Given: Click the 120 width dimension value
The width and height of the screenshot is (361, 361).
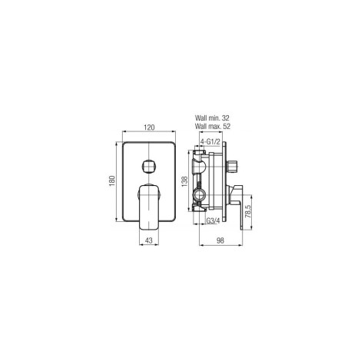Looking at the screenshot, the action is [x=149, y=128].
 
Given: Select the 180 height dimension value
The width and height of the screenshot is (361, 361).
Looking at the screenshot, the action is [x=112, y=181].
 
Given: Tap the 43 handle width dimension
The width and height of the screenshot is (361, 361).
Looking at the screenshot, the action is [x=149, y=240].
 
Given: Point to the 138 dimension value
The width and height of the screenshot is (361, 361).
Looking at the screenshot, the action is [x=185, y=181].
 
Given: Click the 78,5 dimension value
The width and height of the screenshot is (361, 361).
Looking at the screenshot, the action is [x=247, y=211].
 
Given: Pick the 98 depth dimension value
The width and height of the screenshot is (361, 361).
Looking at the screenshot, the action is [x=220, y=240].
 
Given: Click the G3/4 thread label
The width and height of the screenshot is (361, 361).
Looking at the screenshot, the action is [x=213, y=220].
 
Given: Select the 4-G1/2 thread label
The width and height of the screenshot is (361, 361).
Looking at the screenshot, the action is [x=210, y=141].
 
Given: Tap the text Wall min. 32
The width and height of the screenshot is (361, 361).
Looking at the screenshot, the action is [x=212, y=118].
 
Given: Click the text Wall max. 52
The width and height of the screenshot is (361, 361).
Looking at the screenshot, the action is [x=213, y=126].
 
